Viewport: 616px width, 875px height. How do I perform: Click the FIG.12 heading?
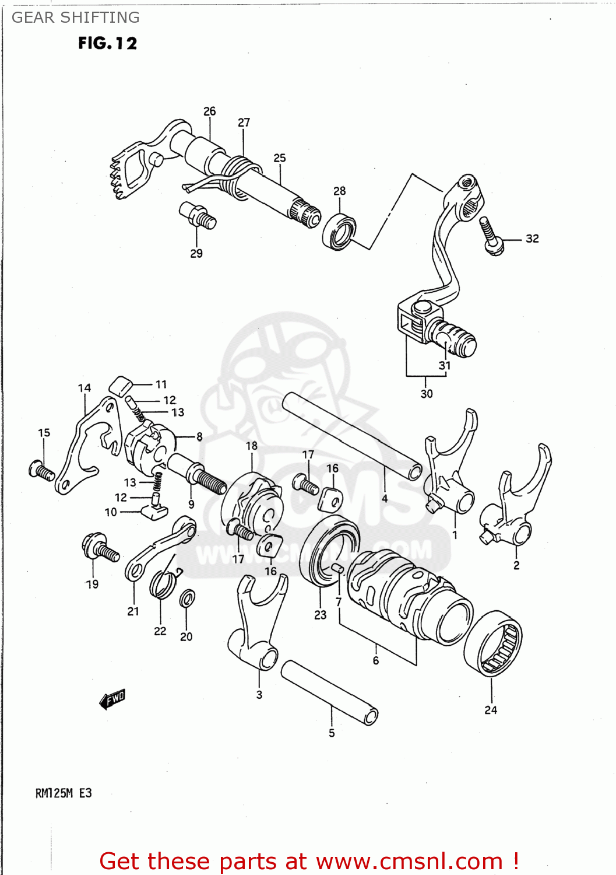107,43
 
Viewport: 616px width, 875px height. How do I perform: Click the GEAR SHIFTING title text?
75,17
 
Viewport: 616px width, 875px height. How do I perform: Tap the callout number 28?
339,191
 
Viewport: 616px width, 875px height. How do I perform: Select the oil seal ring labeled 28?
339,232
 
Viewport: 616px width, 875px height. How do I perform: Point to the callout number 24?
491,710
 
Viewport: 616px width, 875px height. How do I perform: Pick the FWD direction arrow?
112,698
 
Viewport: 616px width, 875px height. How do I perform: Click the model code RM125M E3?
64,793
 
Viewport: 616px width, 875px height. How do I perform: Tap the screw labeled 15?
41,470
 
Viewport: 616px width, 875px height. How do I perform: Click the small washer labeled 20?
187,598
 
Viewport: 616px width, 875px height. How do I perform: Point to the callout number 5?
332,733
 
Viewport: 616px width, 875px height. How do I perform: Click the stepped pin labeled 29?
198,215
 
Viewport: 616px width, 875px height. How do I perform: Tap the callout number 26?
209,111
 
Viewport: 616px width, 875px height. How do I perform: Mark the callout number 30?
427,394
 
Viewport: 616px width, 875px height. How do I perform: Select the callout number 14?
85,388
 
